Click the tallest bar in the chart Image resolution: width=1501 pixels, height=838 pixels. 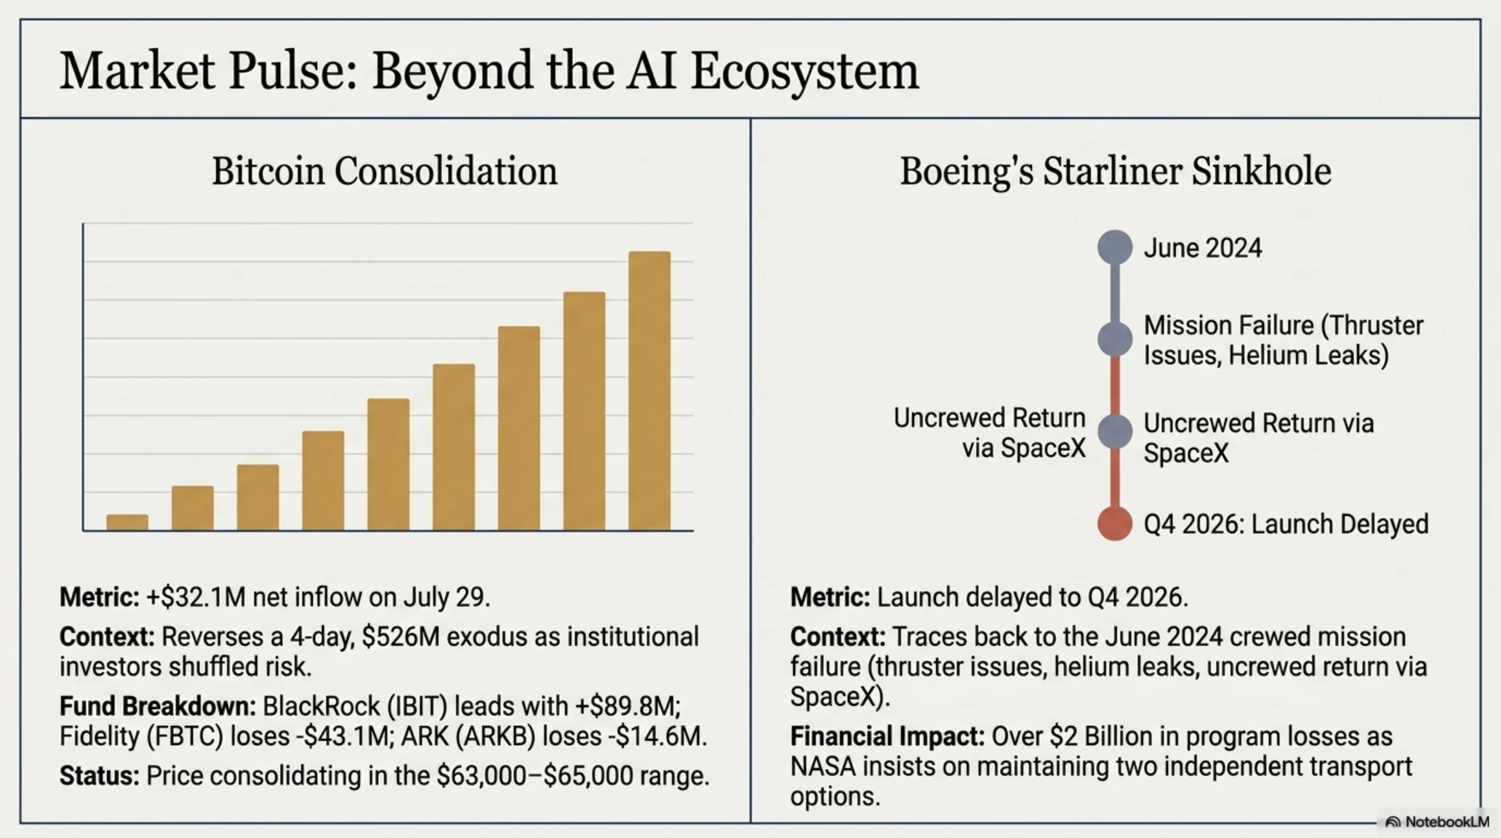point(649,391)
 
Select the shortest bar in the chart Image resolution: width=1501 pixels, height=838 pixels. point(127,523)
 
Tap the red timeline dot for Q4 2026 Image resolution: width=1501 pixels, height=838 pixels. point(1115,524)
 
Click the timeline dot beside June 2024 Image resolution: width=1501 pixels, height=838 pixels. point(1115,247)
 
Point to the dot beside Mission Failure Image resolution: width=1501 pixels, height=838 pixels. point(1115,339)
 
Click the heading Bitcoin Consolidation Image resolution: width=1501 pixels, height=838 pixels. point(385,172)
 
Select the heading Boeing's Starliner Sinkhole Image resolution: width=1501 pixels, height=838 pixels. point(1116,172)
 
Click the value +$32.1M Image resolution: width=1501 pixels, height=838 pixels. point(196,597)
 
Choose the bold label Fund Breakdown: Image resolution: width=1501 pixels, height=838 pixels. point(158,706)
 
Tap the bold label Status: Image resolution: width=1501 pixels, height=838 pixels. point(100,776)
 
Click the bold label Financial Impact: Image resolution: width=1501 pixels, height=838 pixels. point(887,736)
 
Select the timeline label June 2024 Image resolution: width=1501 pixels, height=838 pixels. point(1203,248)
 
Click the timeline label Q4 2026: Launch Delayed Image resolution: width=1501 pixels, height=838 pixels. point(1286,524)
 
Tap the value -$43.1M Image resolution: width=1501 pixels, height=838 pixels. point(343,736)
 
